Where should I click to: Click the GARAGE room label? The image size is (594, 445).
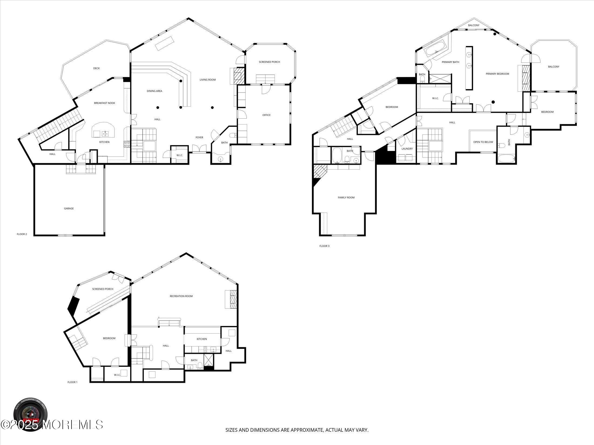coord(69,208)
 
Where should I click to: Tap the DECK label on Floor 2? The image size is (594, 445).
coord(96,68)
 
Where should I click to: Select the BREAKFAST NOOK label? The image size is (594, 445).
coord(104,103)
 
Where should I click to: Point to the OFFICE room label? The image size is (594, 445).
coord(266,115)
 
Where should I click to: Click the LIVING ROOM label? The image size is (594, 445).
coord(208,80)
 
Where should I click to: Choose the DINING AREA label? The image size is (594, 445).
coord(154,91)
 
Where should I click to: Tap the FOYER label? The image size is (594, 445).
coord(199,138)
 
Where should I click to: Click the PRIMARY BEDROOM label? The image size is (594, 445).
coord(497,74)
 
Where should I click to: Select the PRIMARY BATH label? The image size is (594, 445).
coord(450,62)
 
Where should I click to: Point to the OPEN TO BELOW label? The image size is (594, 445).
coord(483,142)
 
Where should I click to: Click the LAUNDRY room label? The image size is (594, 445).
coord(407,149)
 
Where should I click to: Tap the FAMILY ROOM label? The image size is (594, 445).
coord(346,198)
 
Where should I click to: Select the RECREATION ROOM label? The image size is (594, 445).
coord(181,296)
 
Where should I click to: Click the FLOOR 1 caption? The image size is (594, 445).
coord(72,382)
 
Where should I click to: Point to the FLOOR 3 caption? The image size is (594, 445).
coord(324,246)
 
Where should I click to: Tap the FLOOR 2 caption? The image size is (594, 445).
coord(22,234)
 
